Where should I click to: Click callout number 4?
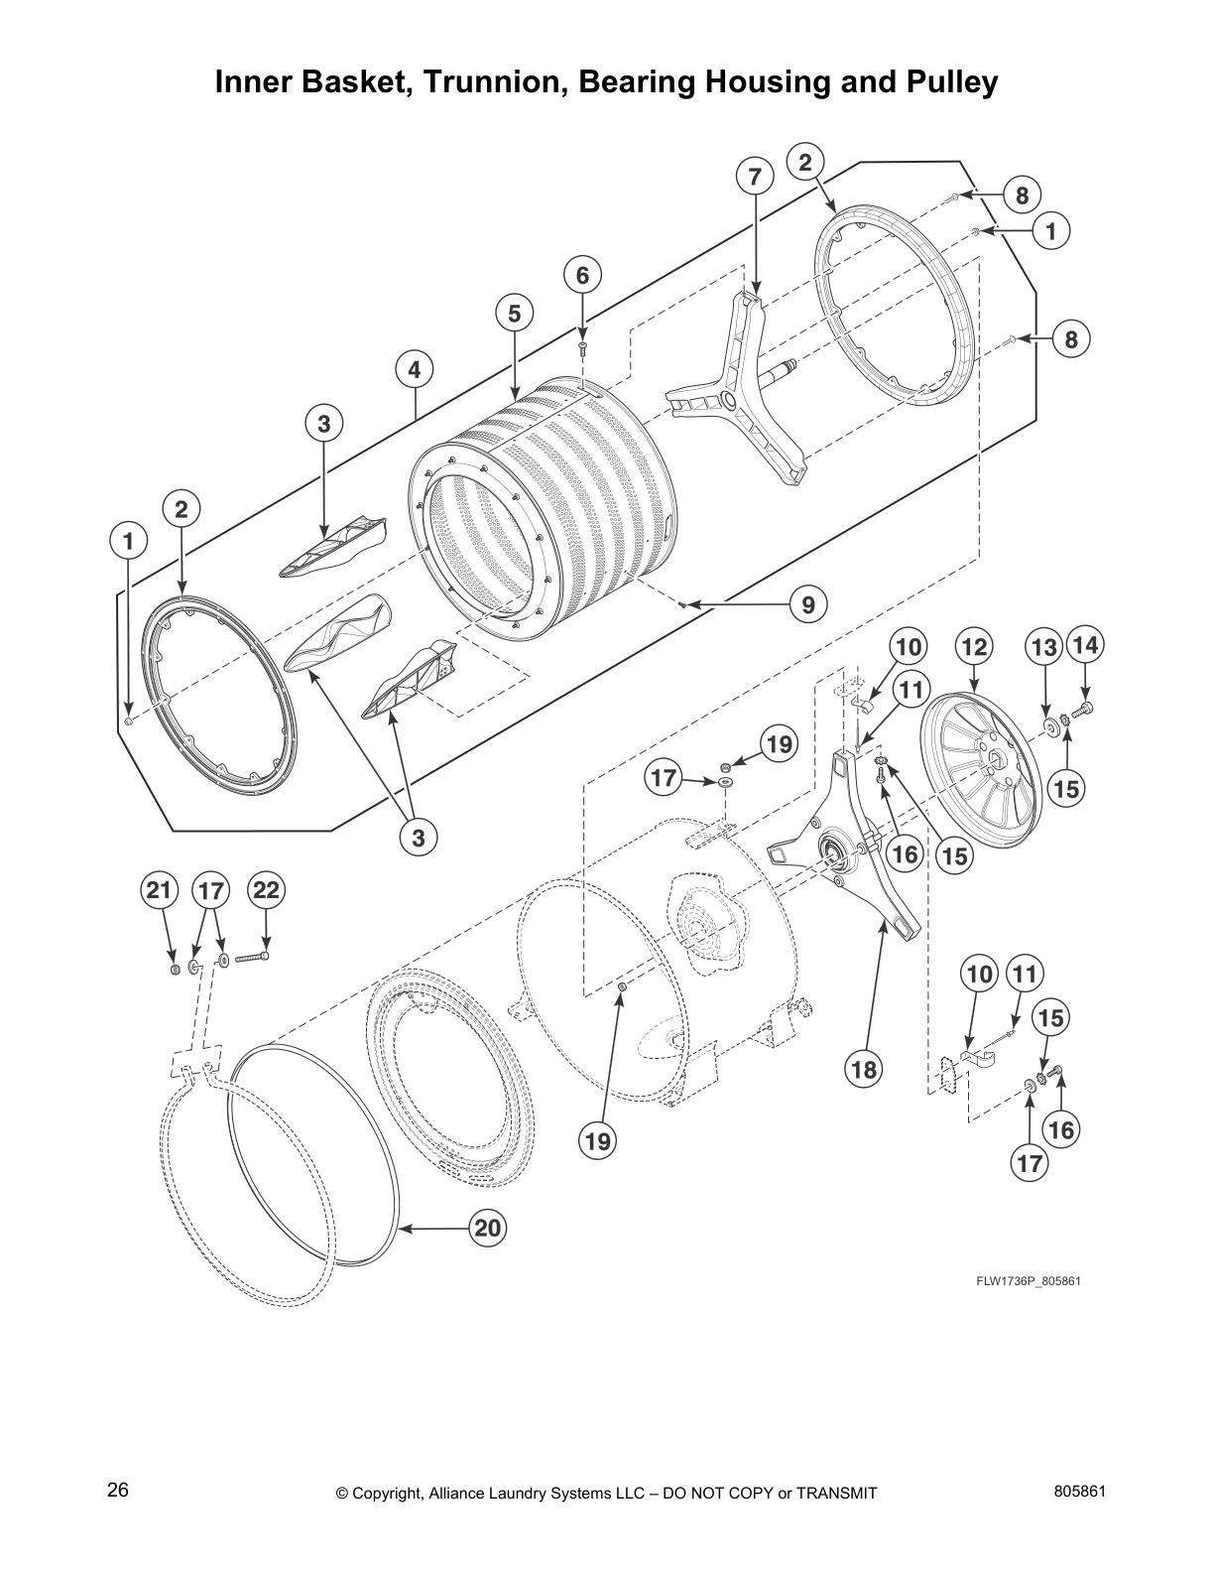415,370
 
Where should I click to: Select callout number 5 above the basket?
514,314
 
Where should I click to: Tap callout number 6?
583,275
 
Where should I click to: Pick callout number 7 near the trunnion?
755,177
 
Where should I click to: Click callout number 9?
808,603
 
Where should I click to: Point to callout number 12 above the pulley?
974,648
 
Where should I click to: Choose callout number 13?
1043,648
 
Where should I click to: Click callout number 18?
864,1069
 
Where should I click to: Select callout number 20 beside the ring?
487,1229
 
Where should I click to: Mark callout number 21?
159,890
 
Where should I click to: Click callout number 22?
266,890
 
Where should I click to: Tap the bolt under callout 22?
253,958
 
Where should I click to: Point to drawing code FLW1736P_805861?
1028,1280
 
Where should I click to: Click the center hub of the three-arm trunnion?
729,400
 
